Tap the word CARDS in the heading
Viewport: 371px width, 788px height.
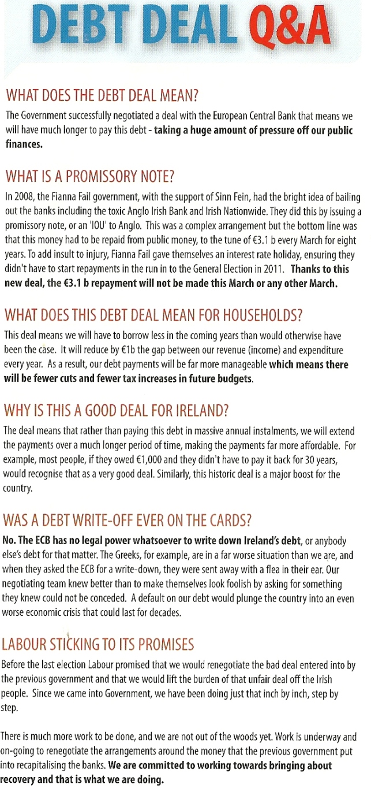click(x=230, y=521)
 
